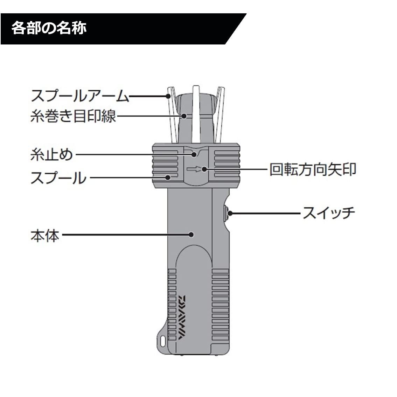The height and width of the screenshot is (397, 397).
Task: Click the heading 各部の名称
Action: [49, 28]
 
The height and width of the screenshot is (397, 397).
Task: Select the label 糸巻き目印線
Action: [73, 116]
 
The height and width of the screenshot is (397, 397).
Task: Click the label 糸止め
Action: [52, 154]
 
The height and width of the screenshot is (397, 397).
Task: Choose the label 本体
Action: [45, 236]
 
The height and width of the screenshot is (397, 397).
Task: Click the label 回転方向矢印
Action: [313, 170]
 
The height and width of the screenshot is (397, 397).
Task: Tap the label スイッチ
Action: [329, 213]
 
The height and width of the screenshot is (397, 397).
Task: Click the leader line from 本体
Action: [126, 235]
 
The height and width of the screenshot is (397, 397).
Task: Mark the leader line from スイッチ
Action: [266, 213]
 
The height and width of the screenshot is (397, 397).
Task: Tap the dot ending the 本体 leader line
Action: [191, 234]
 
